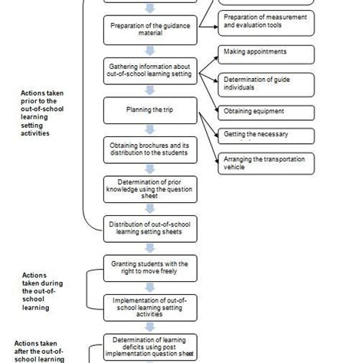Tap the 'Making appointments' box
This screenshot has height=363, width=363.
(266, 54)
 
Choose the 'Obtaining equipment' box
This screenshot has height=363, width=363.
(266, 112)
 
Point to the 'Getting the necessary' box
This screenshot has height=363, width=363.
(266, 136)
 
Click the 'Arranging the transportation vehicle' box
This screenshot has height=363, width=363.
(266, 163)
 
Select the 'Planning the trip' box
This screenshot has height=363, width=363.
(150, 110)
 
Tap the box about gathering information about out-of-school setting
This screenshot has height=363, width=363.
(150, 70)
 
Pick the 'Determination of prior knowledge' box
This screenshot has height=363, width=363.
(150, 188)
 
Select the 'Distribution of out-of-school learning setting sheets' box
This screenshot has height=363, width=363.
(150, 227)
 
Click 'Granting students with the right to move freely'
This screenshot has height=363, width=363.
(150, 268)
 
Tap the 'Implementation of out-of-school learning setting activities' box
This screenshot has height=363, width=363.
(150, 306)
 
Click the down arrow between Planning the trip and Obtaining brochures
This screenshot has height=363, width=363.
(150, 129)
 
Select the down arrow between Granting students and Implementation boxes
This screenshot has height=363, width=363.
(150, 287)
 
